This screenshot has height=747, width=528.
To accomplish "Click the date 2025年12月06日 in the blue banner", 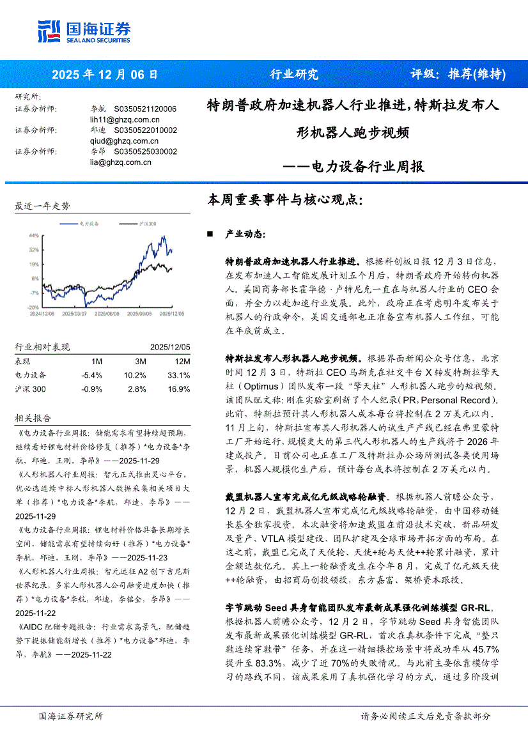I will point(104,74).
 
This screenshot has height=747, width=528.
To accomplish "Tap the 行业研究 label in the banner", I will point(293,74).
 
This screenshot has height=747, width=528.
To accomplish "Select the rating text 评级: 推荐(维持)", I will point(457,74).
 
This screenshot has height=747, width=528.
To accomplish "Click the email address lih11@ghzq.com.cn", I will point(125,119).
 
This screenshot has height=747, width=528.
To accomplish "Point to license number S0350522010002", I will point(145,130).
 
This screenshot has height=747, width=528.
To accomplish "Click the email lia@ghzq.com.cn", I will point(121,162).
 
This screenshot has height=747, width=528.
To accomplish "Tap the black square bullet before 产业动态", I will point(209,235).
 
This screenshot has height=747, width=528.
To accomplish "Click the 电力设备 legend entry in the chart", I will point(88,224).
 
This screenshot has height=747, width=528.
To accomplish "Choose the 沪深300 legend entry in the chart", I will point(146,224).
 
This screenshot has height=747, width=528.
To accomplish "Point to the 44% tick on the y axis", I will point(34,235).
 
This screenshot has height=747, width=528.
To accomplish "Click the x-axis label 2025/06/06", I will point(105,314).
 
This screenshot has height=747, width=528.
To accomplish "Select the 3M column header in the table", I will point(141,361).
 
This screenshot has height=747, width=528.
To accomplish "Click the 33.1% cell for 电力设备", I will point(178,375).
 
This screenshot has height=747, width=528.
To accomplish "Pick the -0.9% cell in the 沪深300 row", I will point(93,389).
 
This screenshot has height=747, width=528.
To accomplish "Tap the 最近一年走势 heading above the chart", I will point(42,206).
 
